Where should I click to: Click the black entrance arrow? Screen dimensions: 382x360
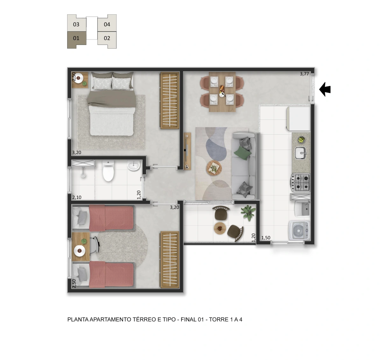click(x=325, y=89)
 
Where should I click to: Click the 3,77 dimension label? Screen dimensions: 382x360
click(x=304, y=74)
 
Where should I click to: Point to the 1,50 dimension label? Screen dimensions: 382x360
click(x=266, y=238)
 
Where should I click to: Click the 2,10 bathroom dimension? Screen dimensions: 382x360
click(x=77, y=197)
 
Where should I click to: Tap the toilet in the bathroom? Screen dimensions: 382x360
click(x=109, y=171)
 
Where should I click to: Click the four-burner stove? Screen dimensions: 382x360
click(x=301, y=182)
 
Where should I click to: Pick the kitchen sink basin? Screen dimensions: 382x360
click(x=301, y=153)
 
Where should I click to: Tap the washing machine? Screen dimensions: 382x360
click(x=300, y=230)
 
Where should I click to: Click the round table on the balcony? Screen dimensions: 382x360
click(x=220, y=228)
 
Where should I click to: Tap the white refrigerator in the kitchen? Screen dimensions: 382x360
click(x=299, y=119)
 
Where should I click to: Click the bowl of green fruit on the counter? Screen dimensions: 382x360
click(x=301, y=139)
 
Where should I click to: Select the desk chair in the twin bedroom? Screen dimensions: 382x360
click(x=94, y=245)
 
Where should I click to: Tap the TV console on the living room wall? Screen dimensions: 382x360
click(x=187, y=151)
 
